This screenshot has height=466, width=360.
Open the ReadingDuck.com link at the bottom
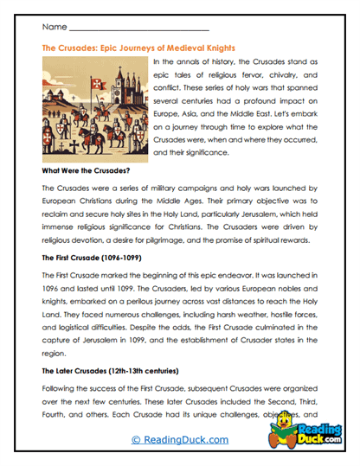[179, 441]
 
